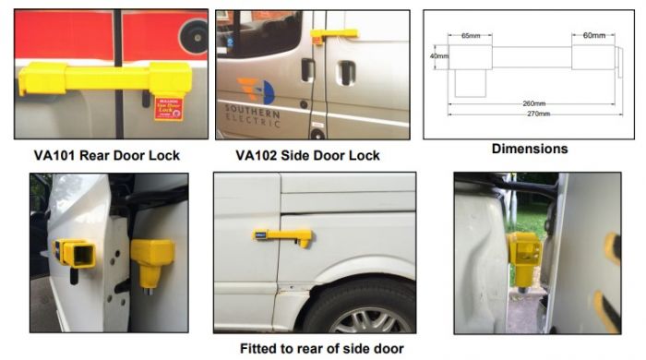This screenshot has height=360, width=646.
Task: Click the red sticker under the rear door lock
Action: click(x=169, y=108)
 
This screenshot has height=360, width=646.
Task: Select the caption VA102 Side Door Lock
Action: click(x=306, y=155)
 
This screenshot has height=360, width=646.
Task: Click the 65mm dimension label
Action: click(x=471, y=36)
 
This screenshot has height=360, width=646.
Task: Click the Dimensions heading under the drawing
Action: click(x=529, y=149)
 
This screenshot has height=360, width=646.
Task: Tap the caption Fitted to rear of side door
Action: click(x=318, y=349)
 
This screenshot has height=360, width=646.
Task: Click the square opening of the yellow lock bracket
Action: click(x=77, y=254)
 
